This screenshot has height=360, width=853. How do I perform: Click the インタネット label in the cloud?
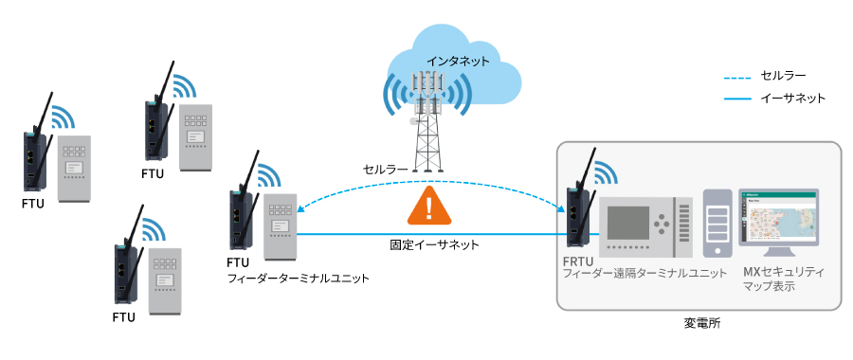pos(458,61)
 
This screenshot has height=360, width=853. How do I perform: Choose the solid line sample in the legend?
pos(739,98)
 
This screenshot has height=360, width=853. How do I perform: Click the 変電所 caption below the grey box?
pos(702,322)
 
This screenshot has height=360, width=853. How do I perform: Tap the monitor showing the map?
pos(778,222)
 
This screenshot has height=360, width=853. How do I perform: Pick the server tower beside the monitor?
pos(717,224)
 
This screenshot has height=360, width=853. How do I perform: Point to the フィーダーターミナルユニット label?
pos(298,279)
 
